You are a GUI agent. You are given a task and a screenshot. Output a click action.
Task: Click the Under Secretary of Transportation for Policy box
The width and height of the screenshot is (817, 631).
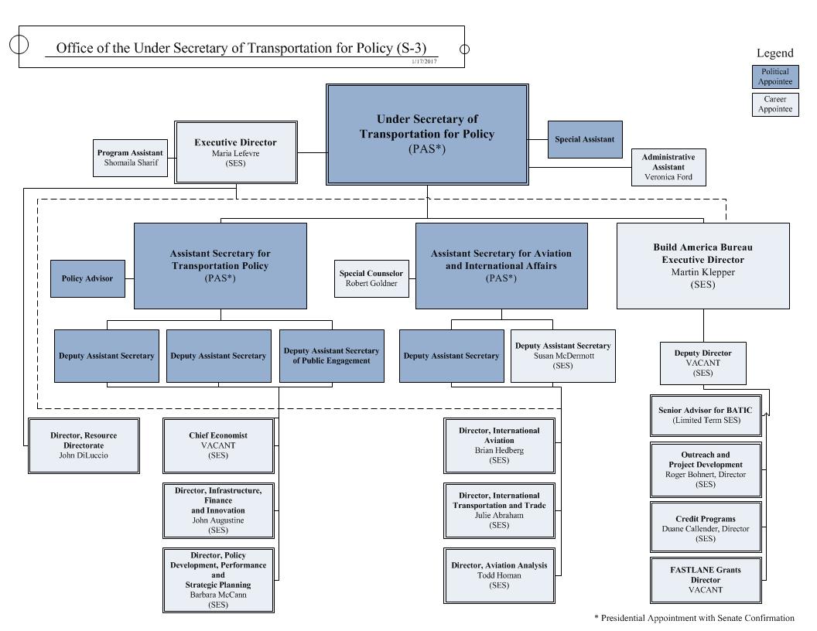427,135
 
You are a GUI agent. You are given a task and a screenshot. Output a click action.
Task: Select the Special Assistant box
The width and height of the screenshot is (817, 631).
584,140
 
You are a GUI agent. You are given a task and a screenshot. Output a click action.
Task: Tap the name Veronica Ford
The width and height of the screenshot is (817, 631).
669,177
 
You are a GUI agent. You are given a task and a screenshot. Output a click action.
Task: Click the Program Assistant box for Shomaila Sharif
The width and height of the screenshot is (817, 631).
130,158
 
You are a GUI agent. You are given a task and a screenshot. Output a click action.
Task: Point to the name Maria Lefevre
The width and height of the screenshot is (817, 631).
235,154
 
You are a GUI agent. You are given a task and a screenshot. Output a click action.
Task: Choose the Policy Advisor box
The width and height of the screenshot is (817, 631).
87,278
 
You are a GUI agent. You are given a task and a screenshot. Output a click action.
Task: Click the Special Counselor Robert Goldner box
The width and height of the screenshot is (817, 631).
371,278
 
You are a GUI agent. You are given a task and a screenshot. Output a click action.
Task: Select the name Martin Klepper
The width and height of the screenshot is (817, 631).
702,272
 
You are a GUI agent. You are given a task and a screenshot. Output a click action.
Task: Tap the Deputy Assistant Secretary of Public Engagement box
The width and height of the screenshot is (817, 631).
331,356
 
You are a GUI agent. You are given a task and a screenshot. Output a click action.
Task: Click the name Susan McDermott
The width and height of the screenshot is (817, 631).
562,356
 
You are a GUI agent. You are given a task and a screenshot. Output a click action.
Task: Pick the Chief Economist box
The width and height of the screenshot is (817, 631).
218,445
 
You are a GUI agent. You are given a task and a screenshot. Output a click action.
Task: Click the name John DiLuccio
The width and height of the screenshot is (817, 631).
84,455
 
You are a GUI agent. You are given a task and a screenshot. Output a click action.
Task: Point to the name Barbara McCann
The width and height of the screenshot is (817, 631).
218,595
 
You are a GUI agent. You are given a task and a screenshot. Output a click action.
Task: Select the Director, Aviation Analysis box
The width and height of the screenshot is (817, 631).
499,575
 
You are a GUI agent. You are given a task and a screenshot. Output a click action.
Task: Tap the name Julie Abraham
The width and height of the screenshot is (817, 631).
499,515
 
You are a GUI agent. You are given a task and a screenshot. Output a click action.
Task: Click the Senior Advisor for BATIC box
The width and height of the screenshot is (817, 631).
705,414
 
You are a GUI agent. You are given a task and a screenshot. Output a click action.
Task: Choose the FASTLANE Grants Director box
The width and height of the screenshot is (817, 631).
705,579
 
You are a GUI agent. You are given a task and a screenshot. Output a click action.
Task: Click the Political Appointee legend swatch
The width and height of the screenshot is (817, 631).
774,77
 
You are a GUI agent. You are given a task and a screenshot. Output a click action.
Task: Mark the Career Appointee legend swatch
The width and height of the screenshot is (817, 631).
774,104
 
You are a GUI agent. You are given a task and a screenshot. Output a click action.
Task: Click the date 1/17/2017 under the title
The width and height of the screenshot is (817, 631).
424,61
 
